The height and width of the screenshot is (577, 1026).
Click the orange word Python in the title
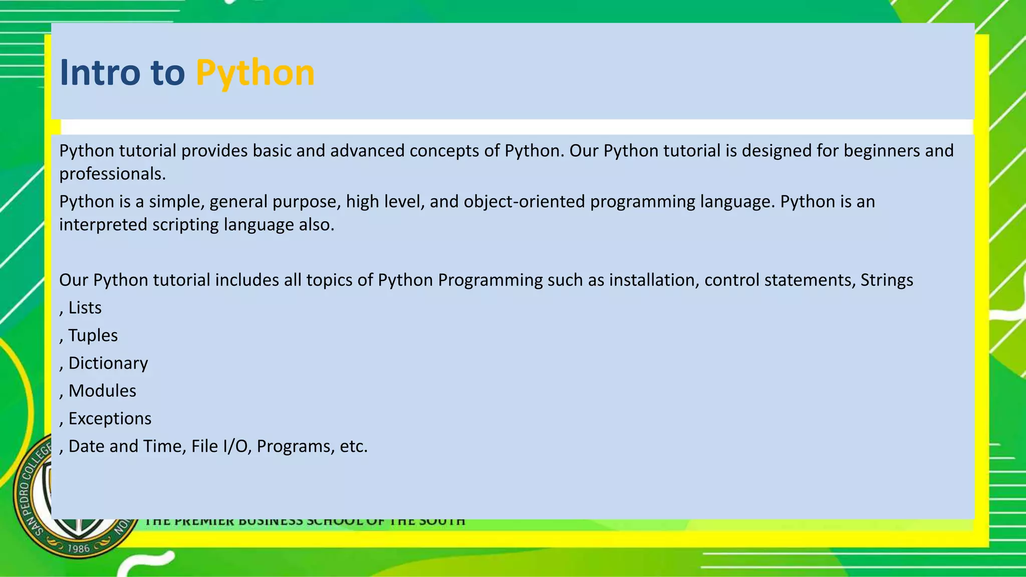[255, 73]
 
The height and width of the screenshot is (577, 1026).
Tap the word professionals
[112, 174]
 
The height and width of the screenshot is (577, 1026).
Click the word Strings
[886, 279]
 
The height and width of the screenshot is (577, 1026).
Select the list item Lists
[85, 308]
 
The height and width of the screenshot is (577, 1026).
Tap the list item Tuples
[93, 335]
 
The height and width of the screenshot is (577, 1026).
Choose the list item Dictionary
[108, 363]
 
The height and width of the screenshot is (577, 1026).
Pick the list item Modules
[102, 391]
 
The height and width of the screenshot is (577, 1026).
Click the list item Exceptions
[110, 418]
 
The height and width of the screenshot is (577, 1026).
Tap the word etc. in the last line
[353, 446]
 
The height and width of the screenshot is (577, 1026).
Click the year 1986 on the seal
[78, 548]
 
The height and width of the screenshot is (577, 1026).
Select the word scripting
[185, 224]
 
